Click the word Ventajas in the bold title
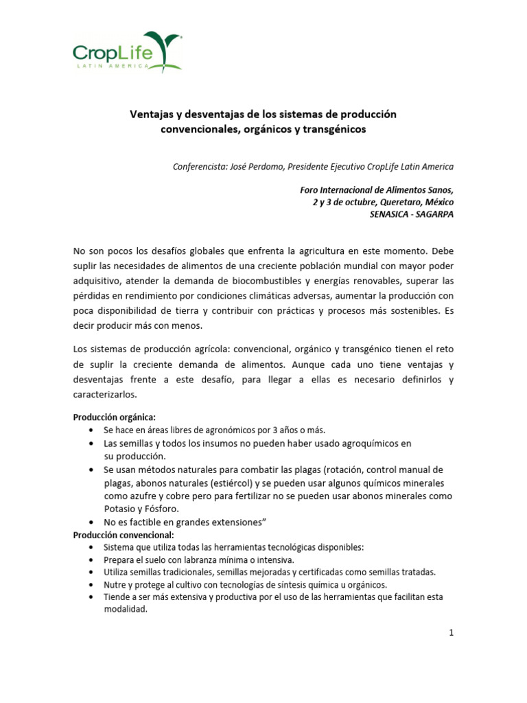pos(152,113)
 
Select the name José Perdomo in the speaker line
pos(260,167)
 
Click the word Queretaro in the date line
pos(390,202)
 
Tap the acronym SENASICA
pos(394,214)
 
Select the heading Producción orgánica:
pos(115,417)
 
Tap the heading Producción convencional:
pos(124,534)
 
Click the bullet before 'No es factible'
pos(92,522)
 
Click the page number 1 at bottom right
pos(452,633)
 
